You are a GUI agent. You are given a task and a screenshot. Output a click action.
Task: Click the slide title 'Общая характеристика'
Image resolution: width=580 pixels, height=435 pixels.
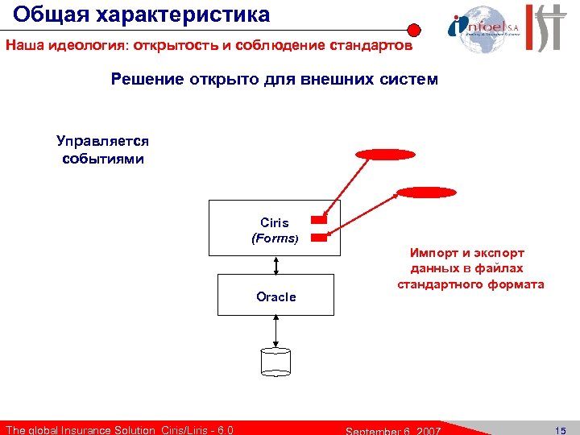[142, 14]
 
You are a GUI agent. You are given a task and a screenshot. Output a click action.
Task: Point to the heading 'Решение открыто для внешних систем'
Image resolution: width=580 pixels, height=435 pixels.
[275, 80]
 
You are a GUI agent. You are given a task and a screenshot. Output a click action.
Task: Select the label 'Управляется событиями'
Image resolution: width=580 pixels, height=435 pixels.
[103, 150]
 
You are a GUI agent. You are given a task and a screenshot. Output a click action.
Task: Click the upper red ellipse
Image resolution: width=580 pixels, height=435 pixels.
[386, 155]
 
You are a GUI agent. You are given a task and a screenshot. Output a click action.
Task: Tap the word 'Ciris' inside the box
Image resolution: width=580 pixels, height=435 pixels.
[275, 222]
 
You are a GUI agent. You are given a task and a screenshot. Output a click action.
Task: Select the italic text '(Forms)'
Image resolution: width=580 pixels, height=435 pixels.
[275, 238]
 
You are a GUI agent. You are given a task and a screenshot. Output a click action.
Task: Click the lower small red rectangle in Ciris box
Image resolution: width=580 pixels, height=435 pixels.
[319, 237]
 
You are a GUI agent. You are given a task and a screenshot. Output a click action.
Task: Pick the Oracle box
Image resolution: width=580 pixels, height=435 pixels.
[275, 295]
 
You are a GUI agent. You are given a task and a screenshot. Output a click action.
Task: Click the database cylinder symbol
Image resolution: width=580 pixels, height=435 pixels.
[275, 362]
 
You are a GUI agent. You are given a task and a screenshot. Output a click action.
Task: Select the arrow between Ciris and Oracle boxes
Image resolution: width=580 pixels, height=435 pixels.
[275, 263]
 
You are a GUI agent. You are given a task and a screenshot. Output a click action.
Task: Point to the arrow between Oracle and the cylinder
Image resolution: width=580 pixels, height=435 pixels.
[275, 330]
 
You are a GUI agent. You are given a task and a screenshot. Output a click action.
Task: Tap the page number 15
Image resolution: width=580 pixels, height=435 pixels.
[560, 429]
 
